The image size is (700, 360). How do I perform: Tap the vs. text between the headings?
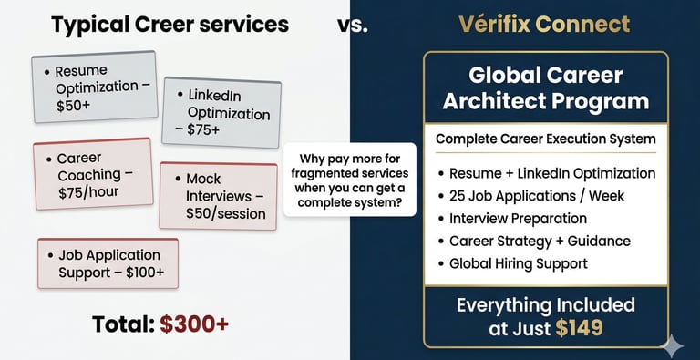tap(353, 26)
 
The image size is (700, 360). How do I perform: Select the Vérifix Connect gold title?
tap(544, 25)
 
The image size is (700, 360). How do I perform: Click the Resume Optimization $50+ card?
tap(95, 87)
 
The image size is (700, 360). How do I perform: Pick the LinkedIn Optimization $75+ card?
tap(221, 112)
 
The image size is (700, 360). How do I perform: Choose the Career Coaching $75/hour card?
tap(93, 174)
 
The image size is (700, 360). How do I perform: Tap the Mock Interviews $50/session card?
tap(219, 196)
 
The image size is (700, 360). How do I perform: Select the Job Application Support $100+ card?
tap(108, 263)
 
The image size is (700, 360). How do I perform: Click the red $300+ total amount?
tap(194, 324)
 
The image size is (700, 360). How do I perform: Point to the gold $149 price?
tap(580, 328)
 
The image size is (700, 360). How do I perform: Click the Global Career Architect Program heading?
tap(546, 88)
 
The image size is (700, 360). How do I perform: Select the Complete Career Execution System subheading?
tap(546, 139)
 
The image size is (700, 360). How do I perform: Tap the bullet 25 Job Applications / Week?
tap(531, 196)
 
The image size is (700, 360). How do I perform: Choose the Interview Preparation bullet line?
tap(512, 219)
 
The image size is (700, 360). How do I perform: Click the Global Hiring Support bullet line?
tap(513, 263)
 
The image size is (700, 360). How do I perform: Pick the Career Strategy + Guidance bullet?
tap(534, 242)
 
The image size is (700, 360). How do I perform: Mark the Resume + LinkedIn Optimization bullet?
tap(547, 173)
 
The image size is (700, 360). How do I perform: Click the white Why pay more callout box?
tap(350, 180)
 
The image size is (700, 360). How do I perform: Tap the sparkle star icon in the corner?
tap(672, 346)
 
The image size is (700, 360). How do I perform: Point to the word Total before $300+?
tap(123, 324)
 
